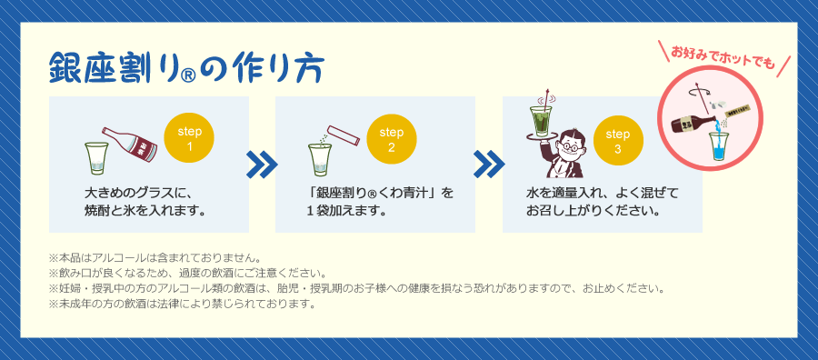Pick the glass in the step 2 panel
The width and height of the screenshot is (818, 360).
[x=318, y=160]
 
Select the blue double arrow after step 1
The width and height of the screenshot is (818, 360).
[x=262, y=165]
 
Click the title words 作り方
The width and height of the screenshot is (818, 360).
[x=276, y=70]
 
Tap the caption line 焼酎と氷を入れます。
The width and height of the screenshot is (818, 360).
[x=145, y=211]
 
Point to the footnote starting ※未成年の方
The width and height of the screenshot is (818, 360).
[x=182, y=304]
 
